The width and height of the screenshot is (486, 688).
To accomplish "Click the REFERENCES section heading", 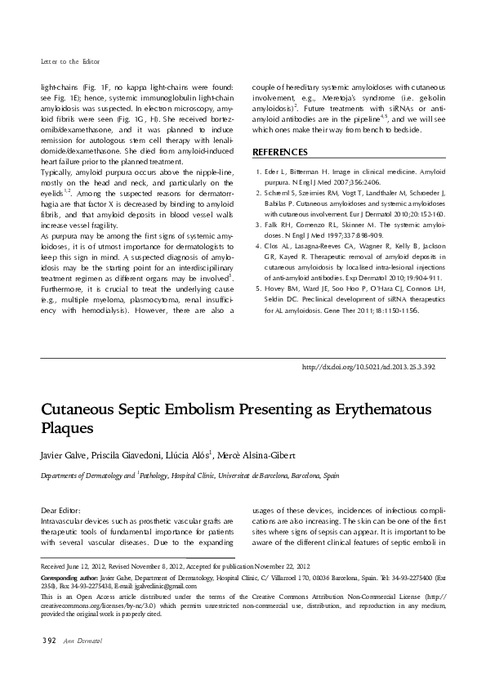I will tap(280, 153).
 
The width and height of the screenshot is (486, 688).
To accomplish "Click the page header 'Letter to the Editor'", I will tap(69, 62).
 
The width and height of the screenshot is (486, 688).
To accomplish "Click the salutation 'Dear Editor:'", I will tap(60, 508).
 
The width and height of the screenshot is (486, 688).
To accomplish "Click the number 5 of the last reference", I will tap(258, 288).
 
